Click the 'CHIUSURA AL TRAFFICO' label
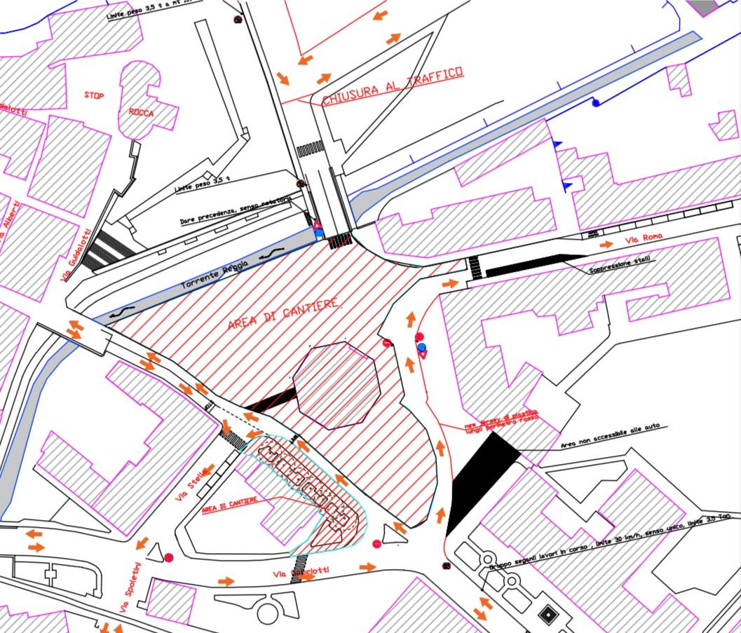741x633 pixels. click(393, 86)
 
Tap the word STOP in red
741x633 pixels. click(94, 95)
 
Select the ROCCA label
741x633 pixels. click(141, 112)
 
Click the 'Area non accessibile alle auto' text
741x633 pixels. click(610, 435)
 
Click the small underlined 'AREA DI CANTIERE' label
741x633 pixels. click(229, 505)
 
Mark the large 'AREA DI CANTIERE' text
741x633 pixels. click(285, 315)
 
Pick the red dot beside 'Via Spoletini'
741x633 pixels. click(169, 557)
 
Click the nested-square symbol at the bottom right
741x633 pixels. click(547, 615)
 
